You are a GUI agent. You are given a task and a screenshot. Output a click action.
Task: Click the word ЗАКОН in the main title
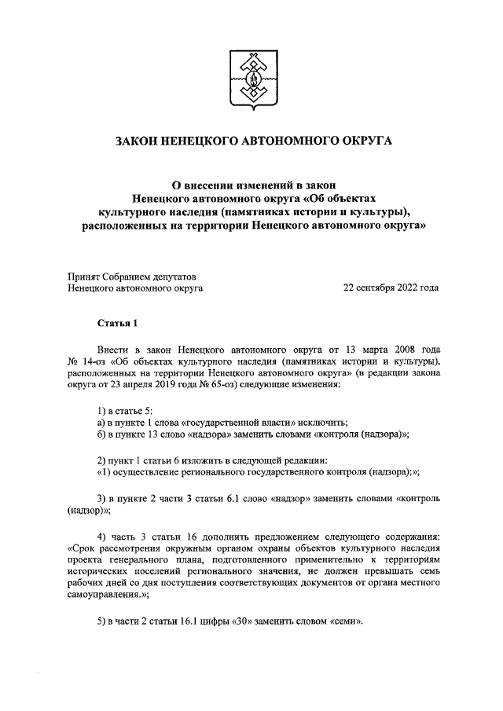[140, 141]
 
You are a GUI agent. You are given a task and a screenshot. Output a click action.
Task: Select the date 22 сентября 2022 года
[391, 288]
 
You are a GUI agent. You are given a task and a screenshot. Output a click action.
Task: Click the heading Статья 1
[117, 323]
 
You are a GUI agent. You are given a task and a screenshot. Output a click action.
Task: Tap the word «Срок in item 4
[84, 547]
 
